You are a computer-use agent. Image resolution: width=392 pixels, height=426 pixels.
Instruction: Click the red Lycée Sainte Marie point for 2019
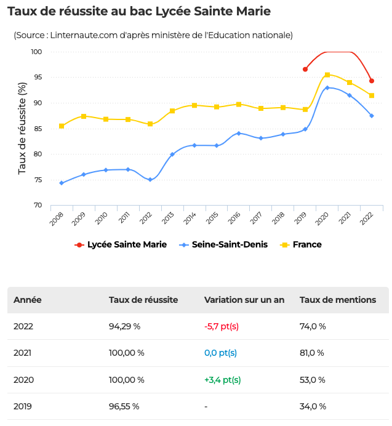305,69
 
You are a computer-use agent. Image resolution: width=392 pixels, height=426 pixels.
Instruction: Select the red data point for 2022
372,81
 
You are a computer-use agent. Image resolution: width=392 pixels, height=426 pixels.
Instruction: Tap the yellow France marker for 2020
327,75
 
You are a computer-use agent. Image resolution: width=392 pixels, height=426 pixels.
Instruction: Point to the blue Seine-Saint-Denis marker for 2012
150,180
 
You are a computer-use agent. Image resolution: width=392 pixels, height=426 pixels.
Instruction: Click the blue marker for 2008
62,183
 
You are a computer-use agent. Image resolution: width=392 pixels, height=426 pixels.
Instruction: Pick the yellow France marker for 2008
62,126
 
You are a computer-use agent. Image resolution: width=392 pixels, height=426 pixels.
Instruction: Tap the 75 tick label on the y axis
38,180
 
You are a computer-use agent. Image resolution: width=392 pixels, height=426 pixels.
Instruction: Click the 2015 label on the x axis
212,217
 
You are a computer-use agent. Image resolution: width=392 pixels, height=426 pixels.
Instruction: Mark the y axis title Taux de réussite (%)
23,128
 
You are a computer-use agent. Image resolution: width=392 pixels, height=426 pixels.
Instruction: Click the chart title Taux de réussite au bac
139,11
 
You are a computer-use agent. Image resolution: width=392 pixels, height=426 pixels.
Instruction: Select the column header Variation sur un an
244,300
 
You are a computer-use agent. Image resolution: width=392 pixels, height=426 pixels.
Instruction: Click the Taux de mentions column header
338,300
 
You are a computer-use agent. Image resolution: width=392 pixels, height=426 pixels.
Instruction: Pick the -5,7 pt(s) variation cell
222,326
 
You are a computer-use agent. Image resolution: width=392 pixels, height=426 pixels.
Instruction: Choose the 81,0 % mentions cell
313,353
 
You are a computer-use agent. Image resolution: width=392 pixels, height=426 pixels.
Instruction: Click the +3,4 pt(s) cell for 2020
222,380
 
